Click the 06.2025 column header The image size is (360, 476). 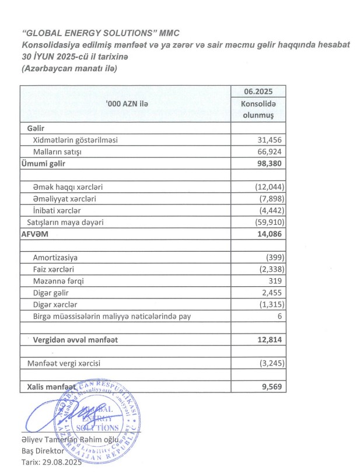click(x=258, y=92)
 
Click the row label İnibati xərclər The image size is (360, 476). click(x=58, y=210)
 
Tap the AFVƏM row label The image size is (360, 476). click(x=36, y=234)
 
